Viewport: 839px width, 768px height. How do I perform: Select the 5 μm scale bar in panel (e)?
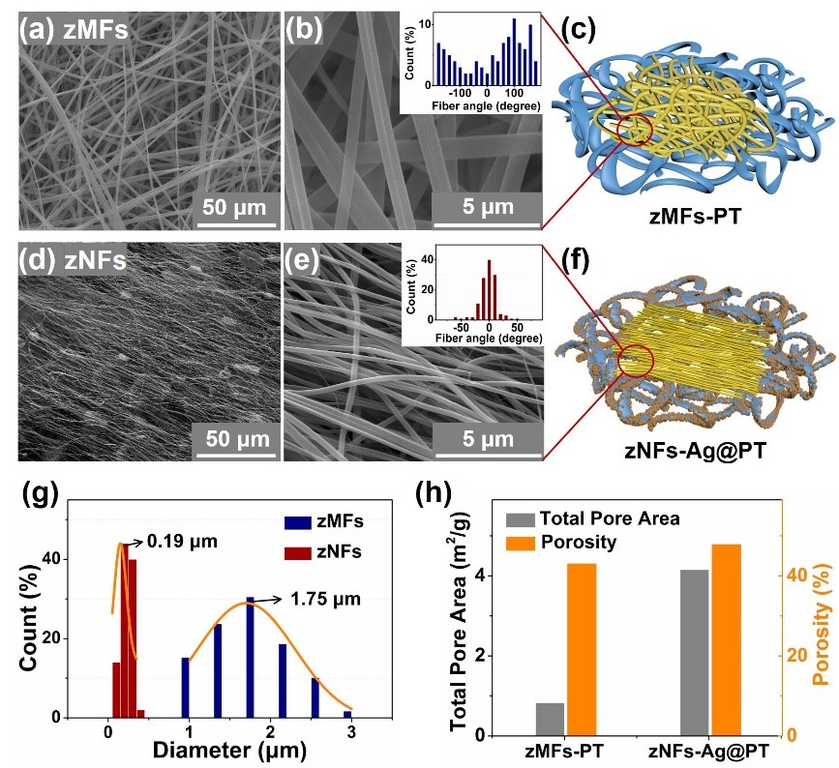coord(485,440)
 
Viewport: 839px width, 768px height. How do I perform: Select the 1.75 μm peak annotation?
coord(326,600)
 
